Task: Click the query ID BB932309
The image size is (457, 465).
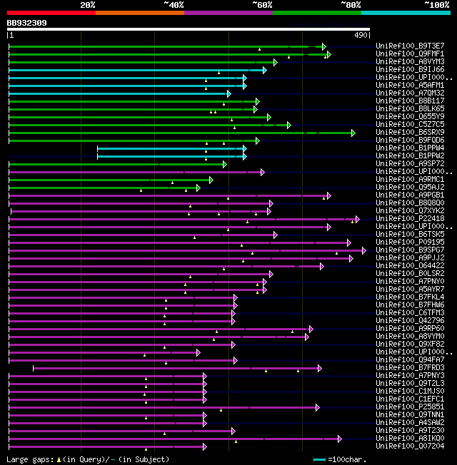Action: click(x=27, y=23)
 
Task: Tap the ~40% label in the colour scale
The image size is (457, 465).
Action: click(x=174, y=5)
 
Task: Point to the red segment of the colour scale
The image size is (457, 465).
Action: click(x=51, y=13)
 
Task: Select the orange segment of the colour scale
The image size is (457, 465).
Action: click(x=139, y=13)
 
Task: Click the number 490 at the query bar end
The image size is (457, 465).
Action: click(x=360, y=35)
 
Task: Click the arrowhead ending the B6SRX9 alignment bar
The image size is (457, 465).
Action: click(x=353, y=133)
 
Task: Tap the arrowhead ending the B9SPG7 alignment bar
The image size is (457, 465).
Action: click(x=363, y=250)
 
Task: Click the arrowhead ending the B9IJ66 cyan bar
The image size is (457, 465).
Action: click(x=264, y=70)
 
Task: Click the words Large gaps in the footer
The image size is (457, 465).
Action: click(x=27, y=459)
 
